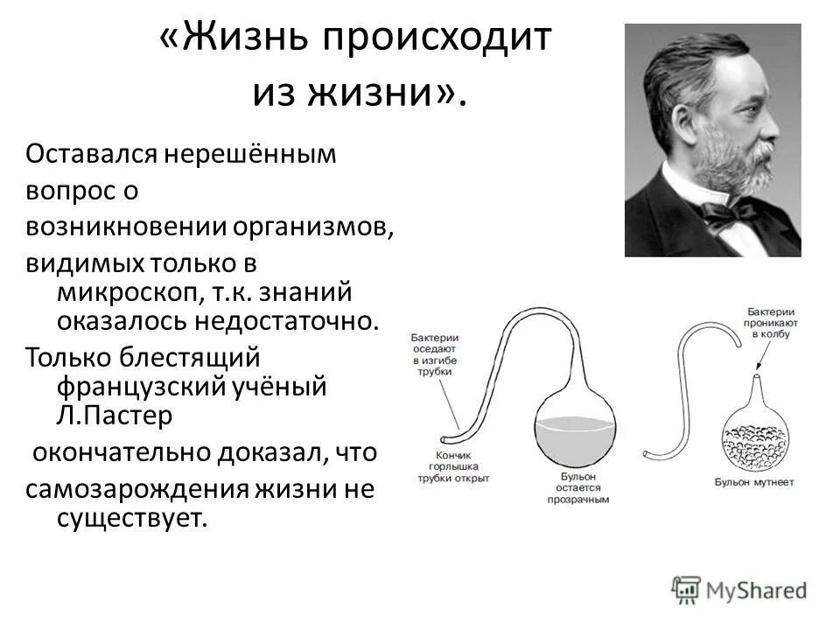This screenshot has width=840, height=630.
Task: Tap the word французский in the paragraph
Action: click(145, 386)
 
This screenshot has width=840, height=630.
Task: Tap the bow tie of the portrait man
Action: click(731, 211)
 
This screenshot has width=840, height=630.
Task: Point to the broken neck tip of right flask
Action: click(755, 375)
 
